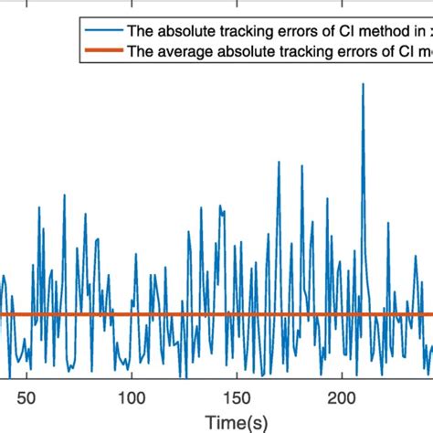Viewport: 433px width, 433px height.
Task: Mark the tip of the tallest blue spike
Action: click(x=364, y=83)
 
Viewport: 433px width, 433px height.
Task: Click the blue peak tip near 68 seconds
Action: click(x=65, y=194)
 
